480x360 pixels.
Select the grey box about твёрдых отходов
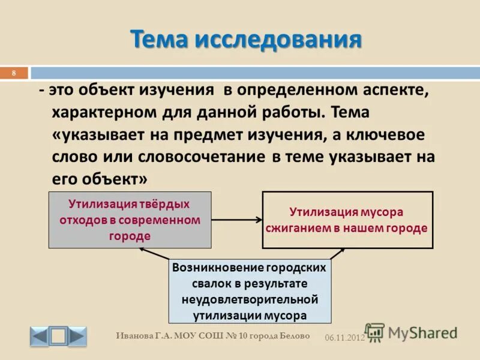coord(130,220)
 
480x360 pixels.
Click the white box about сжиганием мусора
coord(347,220)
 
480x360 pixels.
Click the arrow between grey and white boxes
coord(236,220)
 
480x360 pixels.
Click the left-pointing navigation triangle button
coord(39,336)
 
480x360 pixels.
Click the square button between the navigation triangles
coord(58,336)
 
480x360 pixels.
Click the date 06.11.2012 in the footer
coord(344,338)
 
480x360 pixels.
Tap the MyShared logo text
coord(422,332)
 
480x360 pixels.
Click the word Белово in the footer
coord(295,336)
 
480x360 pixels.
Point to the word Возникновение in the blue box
coord(209,268)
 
